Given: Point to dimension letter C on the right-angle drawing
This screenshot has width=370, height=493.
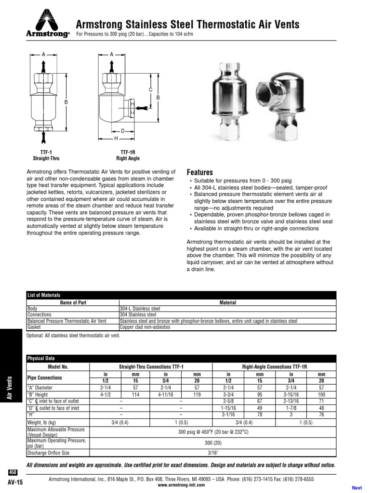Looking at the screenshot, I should tap(150, 90).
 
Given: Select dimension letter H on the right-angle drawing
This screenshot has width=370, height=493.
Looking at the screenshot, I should tap(116, 138).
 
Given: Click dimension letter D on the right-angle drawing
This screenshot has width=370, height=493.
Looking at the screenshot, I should tap(122, 131).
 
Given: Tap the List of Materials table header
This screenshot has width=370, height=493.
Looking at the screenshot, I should tap(44, 295).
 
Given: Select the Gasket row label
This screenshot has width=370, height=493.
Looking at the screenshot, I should tap(34, 327).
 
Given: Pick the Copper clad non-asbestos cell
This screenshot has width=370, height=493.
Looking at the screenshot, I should tap(145, 327).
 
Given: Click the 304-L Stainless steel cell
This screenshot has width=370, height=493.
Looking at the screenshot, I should tap(139, 308).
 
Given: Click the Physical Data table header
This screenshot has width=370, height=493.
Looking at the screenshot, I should tap(41, 358).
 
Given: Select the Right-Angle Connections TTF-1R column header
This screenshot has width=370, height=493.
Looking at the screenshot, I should tap(274, 366).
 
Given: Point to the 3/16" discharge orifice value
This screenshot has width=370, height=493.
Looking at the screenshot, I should tap(212, 453).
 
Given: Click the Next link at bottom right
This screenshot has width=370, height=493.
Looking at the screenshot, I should tap(357, 488).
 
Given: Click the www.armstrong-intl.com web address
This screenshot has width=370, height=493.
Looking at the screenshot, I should tap(181, 485).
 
